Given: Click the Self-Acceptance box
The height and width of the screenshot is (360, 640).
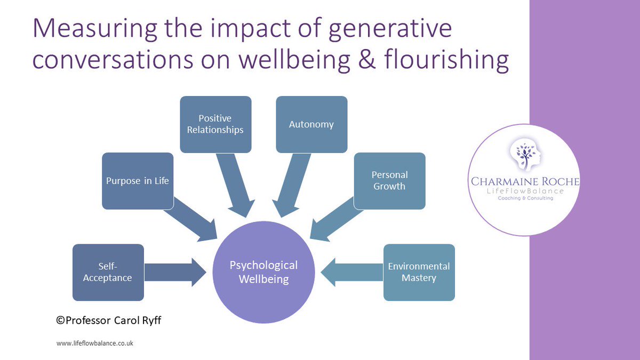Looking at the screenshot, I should [x=108, y=272].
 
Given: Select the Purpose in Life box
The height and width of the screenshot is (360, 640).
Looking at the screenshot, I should [x=138, y=180].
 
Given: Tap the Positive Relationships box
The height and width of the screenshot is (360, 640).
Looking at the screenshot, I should [x=215, y=124].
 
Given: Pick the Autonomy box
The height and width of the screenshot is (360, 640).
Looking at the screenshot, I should [x=311, y=124].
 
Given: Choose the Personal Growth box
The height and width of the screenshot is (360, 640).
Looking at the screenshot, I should [x=389, y=180].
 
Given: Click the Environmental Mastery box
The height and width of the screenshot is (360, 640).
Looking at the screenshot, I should [x=419, y=272].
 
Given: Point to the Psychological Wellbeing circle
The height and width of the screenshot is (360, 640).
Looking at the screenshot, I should [x=263, y=272].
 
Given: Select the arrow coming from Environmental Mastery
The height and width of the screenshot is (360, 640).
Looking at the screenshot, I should [x=352, y=272].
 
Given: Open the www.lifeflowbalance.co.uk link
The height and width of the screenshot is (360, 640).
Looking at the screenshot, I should [x=94, y=343].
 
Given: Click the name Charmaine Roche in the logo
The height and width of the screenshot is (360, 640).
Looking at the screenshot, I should [x=525, y=182].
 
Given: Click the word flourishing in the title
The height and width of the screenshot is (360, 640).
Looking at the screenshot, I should [x=449, y=60].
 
